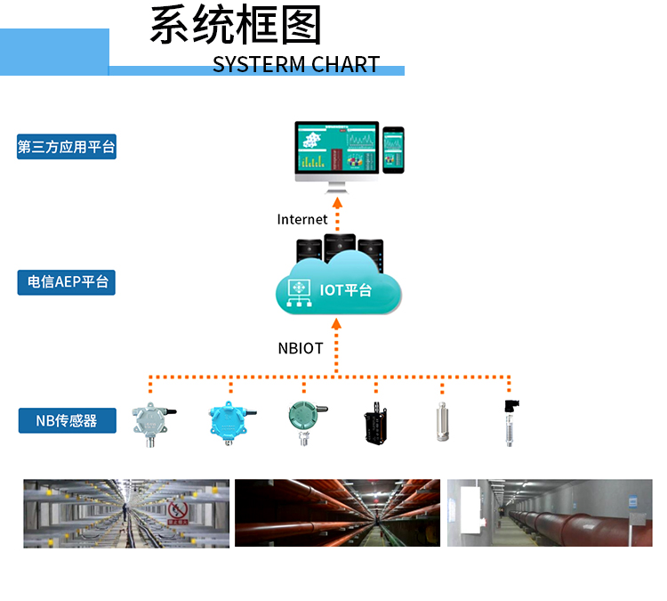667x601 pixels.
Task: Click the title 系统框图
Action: coord(236,25)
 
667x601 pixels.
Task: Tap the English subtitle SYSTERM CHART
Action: coord(296,64)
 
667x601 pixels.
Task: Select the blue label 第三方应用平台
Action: coord(67,147)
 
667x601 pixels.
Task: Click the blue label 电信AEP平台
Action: coord(67,282)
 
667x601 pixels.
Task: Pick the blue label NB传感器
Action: coord(68,420)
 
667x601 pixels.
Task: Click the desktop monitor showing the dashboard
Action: coord(336,157)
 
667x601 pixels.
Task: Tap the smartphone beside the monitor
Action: coord(393,150)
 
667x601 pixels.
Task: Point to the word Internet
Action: coord(302,219)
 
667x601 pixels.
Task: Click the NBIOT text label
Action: coord(301,348)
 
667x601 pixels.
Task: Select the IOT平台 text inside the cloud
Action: coord(345,290)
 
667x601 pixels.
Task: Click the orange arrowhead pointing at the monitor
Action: coord(337,202)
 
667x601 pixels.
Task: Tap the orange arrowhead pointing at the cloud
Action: coord(336,324)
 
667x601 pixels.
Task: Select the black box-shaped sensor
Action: coord(375,424)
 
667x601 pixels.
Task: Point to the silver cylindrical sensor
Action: coord(442,422)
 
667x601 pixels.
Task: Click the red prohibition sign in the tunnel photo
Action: coord(178,511)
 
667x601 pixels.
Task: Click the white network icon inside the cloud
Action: coord(299,293)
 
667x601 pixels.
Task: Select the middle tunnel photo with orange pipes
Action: coord(337,513)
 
